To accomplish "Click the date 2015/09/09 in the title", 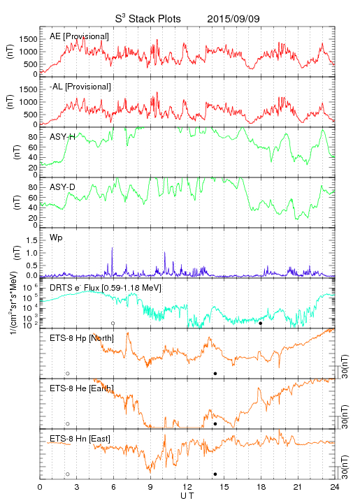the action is (x=233, y=19).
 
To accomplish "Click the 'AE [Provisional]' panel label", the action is (x=79, y=36).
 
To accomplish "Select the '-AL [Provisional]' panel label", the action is (x=80, y=87).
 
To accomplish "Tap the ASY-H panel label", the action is (x=63, y=137).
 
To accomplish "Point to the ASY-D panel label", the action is (x=63, y=187).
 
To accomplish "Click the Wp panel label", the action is (x=56, y=238).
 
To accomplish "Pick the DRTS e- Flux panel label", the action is (x=106, y=287).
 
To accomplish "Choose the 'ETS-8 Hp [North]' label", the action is (x=82, y=338).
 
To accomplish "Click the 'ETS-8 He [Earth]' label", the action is (x=82, y=388).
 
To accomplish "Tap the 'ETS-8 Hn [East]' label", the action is (x=80, y=439).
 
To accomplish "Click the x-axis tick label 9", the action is (x=150, y=487).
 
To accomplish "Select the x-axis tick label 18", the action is (x=261, y=487).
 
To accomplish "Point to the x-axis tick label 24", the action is (x=335, y=487).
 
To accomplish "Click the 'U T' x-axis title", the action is (x=187, y=496).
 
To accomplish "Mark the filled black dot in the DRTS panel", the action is (x=261, y=323).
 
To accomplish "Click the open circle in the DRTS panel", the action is (x=113, y=323).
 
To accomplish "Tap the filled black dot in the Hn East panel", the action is (x=215, y=474).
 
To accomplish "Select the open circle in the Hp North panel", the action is (x=68, y=374).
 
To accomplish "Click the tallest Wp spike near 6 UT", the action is (x=112, y=247).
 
